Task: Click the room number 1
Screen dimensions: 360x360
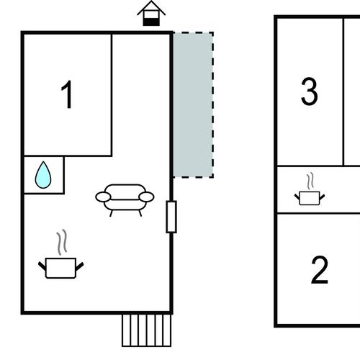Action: pos(67,94)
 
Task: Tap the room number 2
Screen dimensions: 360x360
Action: pos(320,270)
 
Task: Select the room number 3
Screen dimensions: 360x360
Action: pos(310,91)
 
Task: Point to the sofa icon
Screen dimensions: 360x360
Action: pos(125,200)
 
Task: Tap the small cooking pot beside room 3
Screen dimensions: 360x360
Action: pos(310,198)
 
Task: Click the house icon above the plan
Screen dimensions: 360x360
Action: pos(151,14)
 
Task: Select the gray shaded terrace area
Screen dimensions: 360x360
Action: pos(193,105)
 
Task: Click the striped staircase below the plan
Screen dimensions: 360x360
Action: pos(146,330)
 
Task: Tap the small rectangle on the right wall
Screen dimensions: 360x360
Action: pos(171,217)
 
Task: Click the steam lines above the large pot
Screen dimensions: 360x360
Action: pos(62,242)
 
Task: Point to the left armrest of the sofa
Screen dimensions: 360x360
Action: pos(103,197)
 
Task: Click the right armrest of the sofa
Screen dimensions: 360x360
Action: pos(146,197)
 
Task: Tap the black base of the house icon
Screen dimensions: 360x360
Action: pos(151,22)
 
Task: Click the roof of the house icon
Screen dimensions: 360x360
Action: pos(151,7)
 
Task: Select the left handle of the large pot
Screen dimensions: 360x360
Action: pos(42,266)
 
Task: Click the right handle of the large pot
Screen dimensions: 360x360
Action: pos(80,266)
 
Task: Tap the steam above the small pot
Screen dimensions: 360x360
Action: pos(310,181)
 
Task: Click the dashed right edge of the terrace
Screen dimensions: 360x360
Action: pos(212,105)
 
